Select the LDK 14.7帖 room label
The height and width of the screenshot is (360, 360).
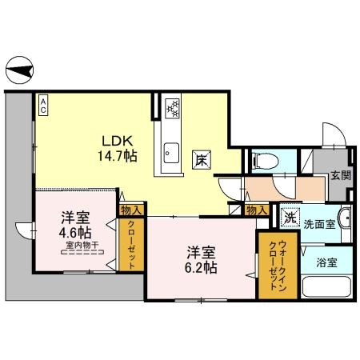pyautogui.click(x=118, y=146)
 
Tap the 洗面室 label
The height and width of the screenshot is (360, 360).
pyautogui.click(x=318, y=225)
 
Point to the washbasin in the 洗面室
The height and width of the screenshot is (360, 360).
pyautogui.click(x=345, y=219)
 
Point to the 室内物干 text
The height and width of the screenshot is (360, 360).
pyautogui.click(x=82, y=246)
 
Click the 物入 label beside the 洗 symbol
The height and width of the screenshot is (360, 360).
pyautogui.click(x=256, y=210)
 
